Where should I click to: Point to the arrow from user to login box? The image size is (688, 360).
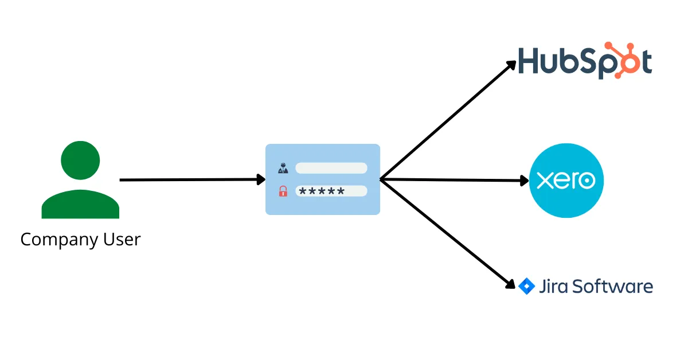pos(189,180)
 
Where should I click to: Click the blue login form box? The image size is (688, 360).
pos(323,206)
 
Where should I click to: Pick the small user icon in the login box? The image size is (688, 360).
pos(283,168)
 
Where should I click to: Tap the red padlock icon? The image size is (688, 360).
pos(283,191)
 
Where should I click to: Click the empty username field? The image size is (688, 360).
pos(331,168)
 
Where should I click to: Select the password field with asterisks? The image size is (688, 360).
pos(331,191)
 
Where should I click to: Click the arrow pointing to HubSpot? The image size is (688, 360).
pos(447,121)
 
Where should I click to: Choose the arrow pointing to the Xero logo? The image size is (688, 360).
pos(453,180)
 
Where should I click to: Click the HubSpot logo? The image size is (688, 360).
pos(584,61)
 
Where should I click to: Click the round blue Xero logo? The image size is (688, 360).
pos(566,181)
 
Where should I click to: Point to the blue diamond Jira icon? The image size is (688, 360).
pos(526,285)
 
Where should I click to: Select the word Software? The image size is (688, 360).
pos(613,285)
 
